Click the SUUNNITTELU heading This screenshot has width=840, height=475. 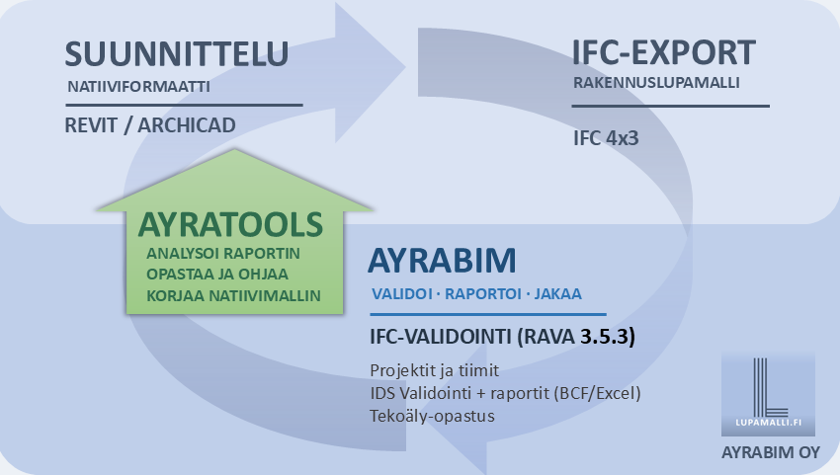tap(176, 53)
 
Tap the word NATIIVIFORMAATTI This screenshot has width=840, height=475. tap(138, 86)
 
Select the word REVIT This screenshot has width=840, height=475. tap(91, 125)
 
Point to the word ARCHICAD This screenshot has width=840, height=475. tap(187, 125)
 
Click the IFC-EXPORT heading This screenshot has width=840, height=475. tap(664, 52)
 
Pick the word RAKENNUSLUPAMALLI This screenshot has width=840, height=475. tap(656, 83)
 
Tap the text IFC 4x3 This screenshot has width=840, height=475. tap(606, 138)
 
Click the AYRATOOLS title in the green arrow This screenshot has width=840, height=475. tap(230, 224)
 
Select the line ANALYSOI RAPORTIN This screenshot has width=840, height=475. tap(223, 253)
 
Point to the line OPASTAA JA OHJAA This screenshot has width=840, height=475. tap(217, 275)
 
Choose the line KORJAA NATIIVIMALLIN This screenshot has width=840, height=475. tap(233, 295)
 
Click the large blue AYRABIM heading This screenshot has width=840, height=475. tap(442, 261)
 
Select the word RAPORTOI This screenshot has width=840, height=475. tap(483, 294)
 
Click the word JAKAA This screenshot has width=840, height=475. tap(557, 294)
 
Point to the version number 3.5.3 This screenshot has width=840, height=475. tap(605, 337)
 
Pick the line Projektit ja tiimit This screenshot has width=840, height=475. tap(435, 370)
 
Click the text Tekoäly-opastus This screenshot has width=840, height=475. tap(432, 416)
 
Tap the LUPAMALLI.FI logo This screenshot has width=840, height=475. tap(768, 394)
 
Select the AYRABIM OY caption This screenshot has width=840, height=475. tap(771, 452)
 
